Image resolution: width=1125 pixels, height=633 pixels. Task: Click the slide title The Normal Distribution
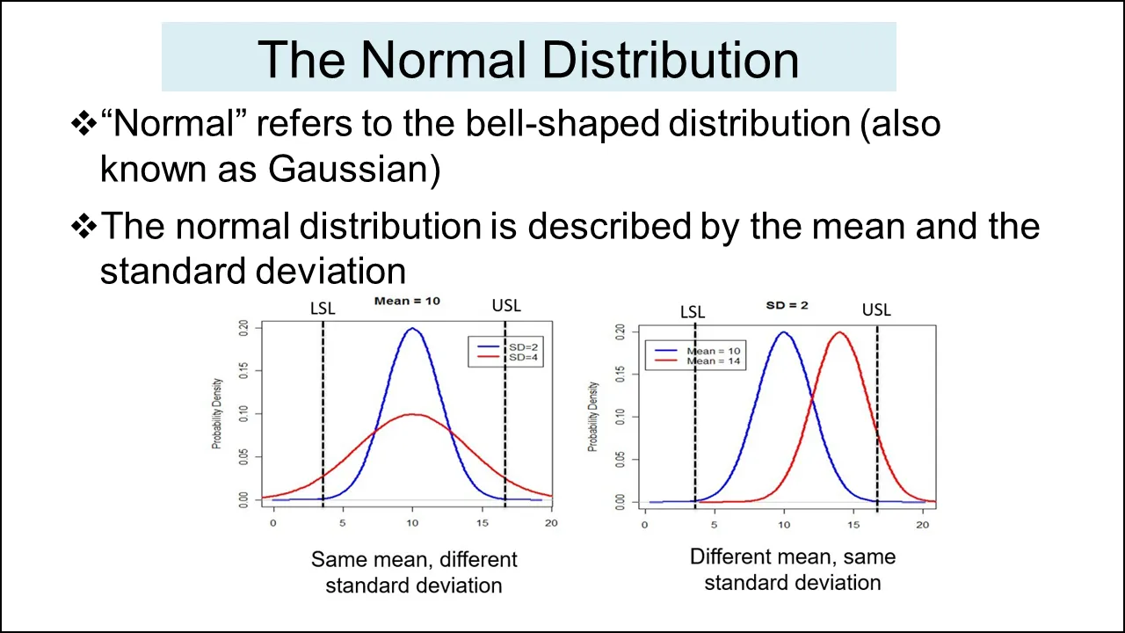528,59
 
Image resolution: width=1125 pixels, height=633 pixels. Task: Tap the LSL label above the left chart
323,309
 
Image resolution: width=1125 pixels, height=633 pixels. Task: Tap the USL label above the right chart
875,309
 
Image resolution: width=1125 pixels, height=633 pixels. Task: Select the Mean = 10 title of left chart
407,302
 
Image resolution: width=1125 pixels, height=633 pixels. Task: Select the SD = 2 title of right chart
787,305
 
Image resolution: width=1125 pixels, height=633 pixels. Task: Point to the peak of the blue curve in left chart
412,329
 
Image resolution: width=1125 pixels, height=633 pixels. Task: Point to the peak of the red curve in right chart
839,332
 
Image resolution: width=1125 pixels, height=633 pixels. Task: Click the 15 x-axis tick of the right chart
853,525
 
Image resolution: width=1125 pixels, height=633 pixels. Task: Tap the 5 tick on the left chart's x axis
342,523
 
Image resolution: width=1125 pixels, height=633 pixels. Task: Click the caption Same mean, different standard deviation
414,571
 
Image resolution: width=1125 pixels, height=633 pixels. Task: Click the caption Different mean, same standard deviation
792,569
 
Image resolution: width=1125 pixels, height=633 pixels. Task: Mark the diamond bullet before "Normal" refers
83,124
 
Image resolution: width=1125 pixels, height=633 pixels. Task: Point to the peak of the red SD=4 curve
412,414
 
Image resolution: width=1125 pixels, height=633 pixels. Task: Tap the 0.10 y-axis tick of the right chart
621,417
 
